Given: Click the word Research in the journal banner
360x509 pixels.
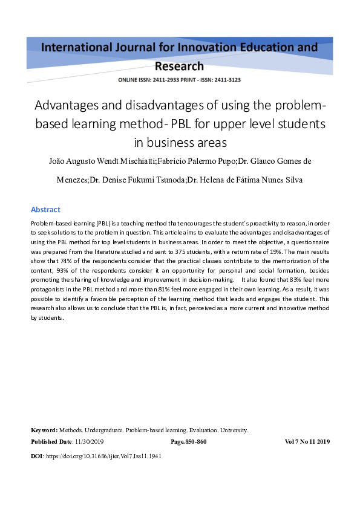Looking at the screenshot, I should point(179,66).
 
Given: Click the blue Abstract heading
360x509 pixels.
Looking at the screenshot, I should point(45,210).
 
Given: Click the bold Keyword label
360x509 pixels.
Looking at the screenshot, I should point(44,430).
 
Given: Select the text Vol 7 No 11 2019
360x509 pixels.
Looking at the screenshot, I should point(307,442).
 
